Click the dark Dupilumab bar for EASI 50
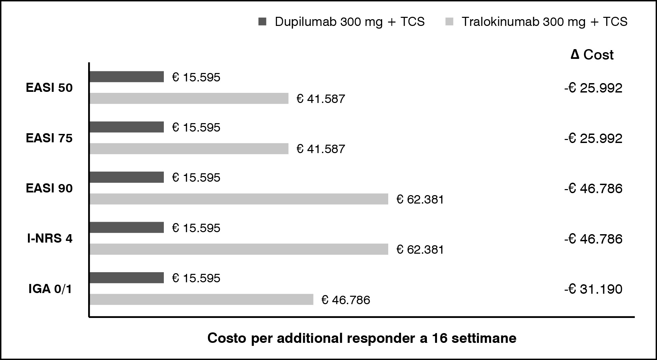click(x=126, y=77)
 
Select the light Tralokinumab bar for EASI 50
click(x=189, y=98)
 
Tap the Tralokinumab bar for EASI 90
click(x=239, y=199)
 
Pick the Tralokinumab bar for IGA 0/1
click(x=202, y=299)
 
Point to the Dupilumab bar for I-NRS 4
click(x=126, y=227)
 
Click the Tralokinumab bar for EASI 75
click(x=189, y=149)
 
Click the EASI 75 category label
click(x=49, y=138)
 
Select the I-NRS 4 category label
click(x=50, y=239)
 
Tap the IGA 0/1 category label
click(x=50, y=289)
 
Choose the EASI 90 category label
click(x=49, y=188)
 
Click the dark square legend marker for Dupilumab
click(x=262, y=22)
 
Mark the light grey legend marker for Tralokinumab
click(x=449, y=22)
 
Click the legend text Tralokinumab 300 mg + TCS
click(x=544, y=22)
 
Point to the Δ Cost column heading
click(x=592, y=55)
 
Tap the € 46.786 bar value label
click(x=346, y=300)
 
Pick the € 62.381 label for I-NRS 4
click(x=420, y=250)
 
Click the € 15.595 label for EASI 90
click(x=196, y=178)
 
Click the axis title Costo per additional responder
click(x=362, y=338)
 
